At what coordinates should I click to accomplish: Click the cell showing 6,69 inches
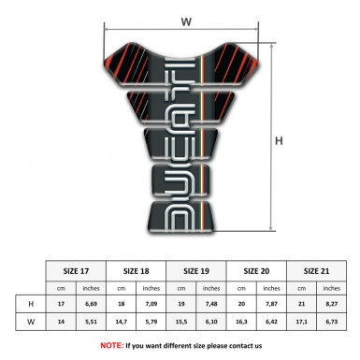92,304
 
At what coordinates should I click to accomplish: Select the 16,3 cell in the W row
243,324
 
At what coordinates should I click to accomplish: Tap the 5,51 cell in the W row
92,324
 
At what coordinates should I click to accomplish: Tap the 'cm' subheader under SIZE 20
243,287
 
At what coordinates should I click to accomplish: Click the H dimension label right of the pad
279,142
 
